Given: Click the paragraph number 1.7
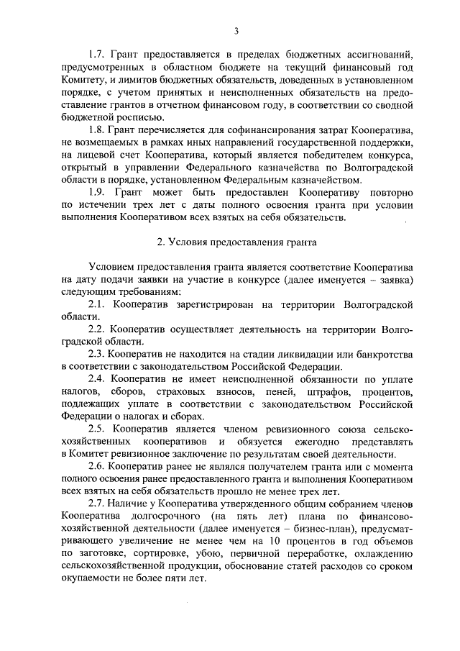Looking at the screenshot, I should [x=97, y=55].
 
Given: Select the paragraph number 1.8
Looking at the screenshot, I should [x=97, y=130].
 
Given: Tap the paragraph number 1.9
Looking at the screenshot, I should [x=97, y=193].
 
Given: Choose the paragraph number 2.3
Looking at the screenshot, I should [x=97, y=355].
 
